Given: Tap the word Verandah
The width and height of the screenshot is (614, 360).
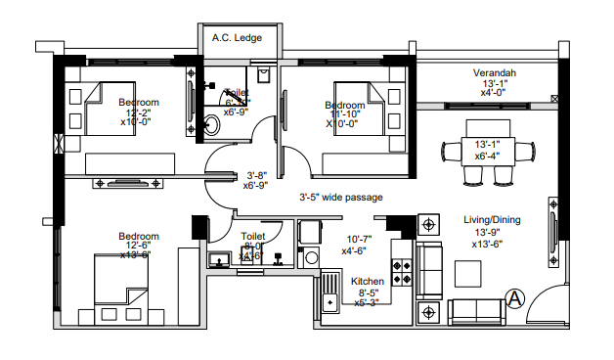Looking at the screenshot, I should click(495, 73).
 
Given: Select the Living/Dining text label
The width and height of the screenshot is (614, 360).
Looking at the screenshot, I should click(494, 220).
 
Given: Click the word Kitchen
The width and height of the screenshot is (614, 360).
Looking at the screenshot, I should click(369, 281).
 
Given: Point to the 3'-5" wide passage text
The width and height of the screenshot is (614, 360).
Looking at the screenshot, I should click(340, 197).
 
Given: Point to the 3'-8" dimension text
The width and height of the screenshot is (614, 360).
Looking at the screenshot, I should click(256, 174).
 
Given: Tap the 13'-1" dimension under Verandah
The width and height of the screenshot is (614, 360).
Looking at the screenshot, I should click(495, 84).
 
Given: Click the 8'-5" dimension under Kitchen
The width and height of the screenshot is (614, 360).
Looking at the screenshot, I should click(369, 292).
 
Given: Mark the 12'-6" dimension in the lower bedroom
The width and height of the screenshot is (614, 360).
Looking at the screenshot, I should click(136, 245).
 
